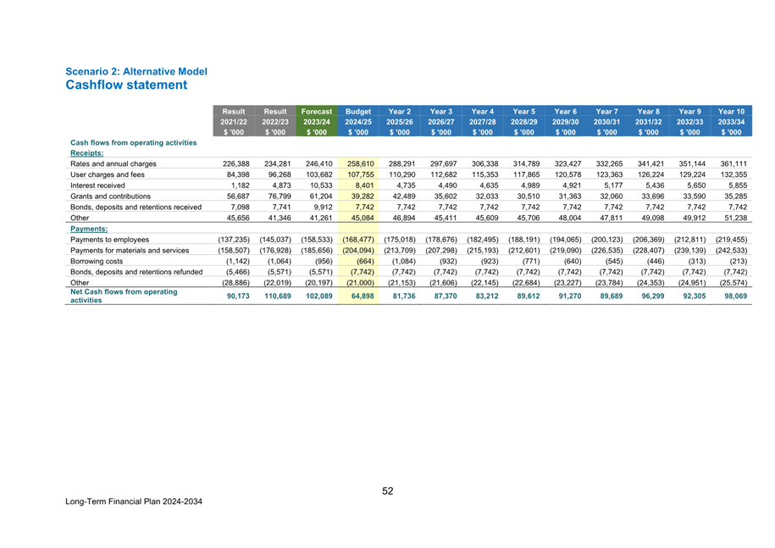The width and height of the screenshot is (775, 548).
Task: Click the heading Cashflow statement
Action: click(x=126, y=86)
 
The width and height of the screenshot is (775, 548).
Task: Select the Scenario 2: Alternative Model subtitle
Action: click(x=136, y=72)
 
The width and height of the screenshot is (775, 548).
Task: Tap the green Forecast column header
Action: click(x=317, y=112)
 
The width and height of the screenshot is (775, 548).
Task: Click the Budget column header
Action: click(x=358, y=112)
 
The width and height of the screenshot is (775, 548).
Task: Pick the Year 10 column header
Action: click(x=731, y=112)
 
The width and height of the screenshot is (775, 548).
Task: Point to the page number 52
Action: click(x=388, y=491)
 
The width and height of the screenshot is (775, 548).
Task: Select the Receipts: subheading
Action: click(x=86, y=153)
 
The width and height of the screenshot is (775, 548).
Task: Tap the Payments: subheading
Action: click(x=89, y=228)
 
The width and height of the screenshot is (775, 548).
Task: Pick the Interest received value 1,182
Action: click(x=231, y=185)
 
